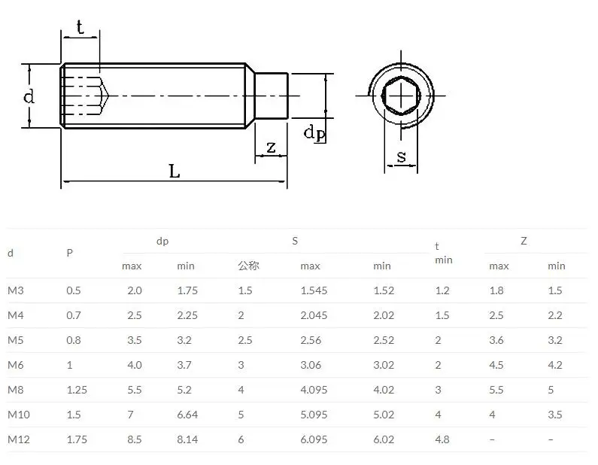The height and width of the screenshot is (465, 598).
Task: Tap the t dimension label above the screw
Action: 80,28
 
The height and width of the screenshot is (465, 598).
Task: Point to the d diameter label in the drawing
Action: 29,96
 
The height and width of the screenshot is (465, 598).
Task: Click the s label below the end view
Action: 402,157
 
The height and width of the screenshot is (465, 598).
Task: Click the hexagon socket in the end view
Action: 400,96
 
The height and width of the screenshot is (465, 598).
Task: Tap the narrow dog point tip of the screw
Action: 273,96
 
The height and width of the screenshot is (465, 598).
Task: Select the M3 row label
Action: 16,290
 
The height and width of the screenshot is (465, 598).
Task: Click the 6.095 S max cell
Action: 314,439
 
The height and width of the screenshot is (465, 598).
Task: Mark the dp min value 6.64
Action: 187,415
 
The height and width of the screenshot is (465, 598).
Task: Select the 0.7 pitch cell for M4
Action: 74,315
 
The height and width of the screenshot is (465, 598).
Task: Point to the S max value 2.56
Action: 311,340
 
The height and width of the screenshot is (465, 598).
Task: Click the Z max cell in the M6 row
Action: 496,365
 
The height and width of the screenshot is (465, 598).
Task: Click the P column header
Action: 69,254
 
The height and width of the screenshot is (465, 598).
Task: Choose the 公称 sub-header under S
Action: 248,266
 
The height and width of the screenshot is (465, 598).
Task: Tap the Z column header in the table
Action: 524,241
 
